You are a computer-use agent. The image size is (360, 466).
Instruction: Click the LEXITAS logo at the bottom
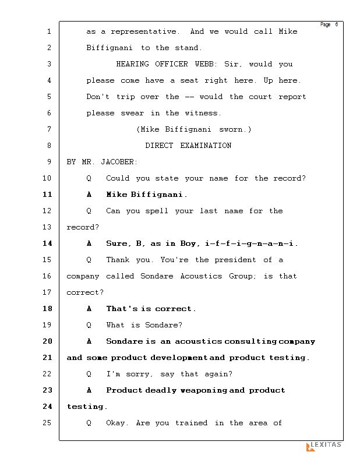pyautogui.click(x=324, y=446)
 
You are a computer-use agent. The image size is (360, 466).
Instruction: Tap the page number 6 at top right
pyautogui.click(x=336, y=24)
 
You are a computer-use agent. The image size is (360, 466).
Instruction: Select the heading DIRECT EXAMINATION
pyautogui.click(x=188, y=146)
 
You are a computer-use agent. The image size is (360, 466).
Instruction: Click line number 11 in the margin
pyautogui.click(x=48, y=195)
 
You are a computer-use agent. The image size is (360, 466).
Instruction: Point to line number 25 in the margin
pyautogui.click(x=48, y=423)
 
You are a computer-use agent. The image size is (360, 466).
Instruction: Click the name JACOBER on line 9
pyautogui.click(x=119, y=162)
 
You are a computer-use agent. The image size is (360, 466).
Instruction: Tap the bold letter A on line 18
pyautogui.click(x=89, y=309)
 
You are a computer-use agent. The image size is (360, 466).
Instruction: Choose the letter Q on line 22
pyautogui.click(x=89, y=374)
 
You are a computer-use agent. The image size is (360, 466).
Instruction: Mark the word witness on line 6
pyautogui.click(x=203, y=113)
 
